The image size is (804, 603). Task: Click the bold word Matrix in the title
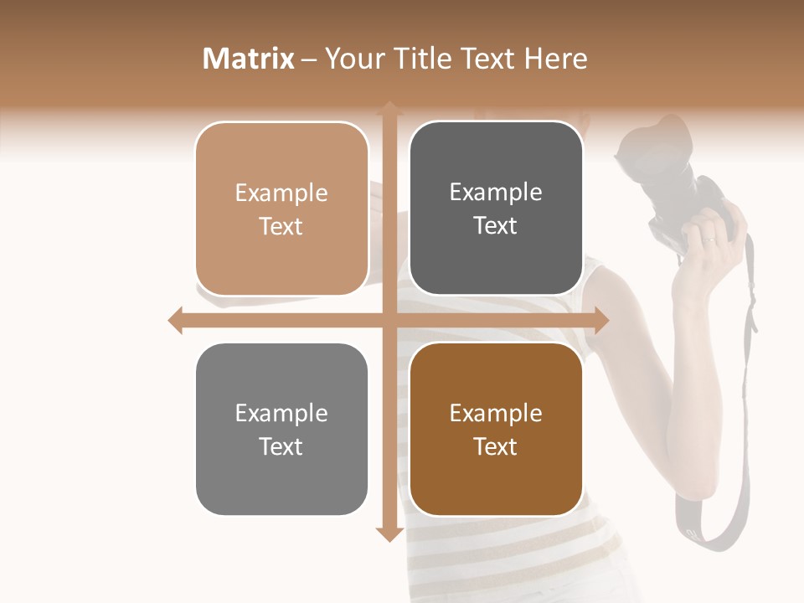249,59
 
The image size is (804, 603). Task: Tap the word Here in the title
555,59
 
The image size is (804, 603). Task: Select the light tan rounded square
281,209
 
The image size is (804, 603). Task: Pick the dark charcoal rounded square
496,209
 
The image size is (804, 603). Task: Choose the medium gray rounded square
281,429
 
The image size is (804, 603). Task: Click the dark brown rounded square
496,429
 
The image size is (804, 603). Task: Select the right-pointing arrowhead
600,320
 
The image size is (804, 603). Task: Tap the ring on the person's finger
710,240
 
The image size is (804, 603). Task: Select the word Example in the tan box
281,193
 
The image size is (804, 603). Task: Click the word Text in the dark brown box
496,446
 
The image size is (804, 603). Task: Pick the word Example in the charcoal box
496,193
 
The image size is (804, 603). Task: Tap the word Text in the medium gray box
281,446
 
